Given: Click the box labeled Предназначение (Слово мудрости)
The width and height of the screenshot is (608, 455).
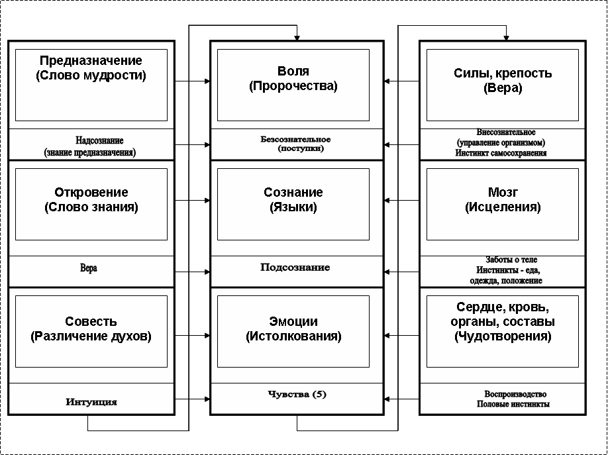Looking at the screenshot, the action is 91,85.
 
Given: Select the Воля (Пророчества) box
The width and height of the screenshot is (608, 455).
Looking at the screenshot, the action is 293,85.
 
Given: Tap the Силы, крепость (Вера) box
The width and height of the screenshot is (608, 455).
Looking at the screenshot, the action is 503,85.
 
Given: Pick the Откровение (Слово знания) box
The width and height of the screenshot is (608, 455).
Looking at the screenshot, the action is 91,204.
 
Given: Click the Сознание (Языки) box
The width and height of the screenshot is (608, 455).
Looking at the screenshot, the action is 293,204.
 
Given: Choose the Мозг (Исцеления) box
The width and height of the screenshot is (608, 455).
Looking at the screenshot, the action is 503,204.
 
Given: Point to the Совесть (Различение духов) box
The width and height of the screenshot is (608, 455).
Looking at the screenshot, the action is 91,331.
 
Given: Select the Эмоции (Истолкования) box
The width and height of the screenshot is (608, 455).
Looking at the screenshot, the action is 293,331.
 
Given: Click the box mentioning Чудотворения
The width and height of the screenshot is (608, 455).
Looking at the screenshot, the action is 503,331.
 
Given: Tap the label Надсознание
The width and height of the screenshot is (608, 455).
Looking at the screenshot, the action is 99,140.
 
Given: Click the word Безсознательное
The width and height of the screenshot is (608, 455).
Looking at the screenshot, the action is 295,139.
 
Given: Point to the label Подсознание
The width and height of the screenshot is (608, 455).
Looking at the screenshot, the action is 295,268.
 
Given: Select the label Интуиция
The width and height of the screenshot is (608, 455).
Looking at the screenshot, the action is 91,402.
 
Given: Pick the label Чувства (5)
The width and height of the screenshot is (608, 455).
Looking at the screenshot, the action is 297,394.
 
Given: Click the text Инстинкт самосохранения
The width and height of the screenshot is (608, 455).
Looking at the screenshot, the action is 501,153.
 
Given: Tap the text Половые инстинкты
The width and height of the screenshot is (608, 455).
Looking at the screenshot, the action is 513,404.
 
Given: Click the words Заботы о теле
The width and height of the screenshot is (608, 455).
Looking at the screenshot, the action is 511,260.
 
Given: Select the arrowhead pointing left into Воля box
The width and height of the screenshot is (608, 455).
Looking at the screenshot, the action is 387,81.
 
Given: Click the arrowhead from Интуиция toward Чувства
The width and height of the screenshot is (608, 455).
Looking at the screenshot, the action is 207,399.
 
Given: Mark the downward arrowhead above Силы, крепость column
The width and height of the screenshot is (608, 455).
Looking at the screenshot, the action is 506,38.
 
